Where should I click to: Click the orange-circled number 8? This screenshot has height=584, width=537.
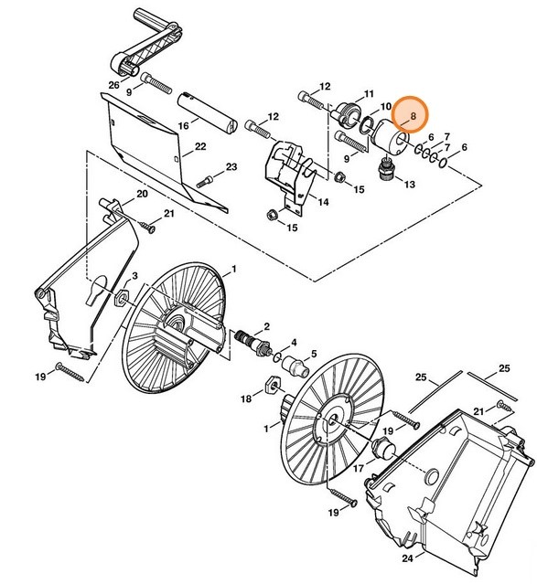413,117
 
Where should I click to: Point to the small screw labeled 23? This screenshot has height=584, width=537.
212,176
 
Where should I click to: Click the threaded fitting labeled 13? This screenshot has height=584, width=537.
385,168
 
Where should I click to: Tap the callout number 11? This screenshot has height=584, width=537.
369,94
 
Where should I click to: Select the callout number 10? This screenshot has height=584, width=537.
385,108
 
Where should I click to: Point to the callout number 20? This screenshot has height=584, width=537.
142,194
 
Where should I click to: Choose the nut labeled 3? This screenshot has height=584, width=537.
121,295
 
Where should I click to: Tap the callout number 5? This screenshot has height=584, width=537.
313,354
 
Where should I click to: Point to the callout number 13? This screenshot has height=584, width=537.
408,184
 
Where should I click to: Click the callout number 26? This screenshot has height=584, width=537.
113,85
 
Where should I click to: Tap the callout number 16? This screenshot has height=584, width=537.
183,125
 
